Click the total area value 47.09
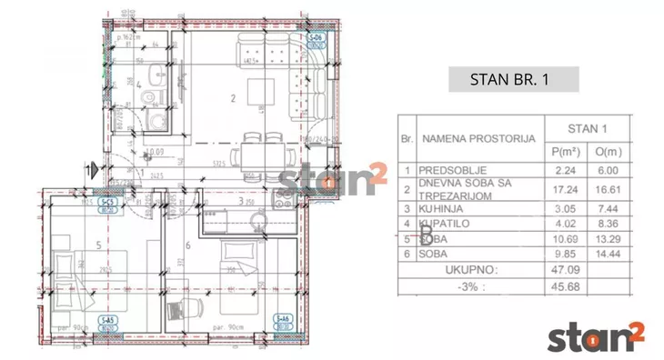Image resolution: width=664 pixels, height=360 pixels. (x=567, y=270)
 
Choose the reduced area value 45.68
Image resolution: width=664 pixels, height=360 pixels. (x=567, y=286)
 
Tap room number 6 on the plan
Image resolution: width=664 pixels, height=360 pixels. (x=187, y=245)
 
